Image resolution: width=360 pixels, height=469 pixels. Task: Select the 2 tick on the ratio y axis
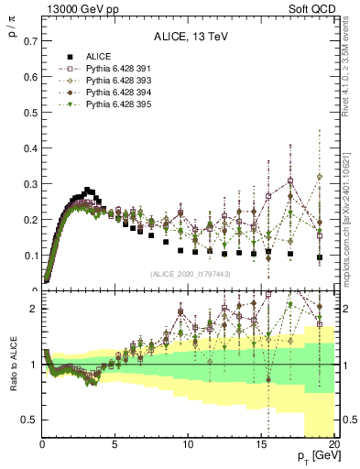coord(32,309)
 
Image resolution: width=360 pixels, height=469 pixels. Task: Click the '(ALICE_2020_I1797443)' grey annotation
coord(190,274)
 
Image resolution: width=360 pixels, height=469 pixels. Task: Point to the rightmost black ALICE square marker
coord(320,257)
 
